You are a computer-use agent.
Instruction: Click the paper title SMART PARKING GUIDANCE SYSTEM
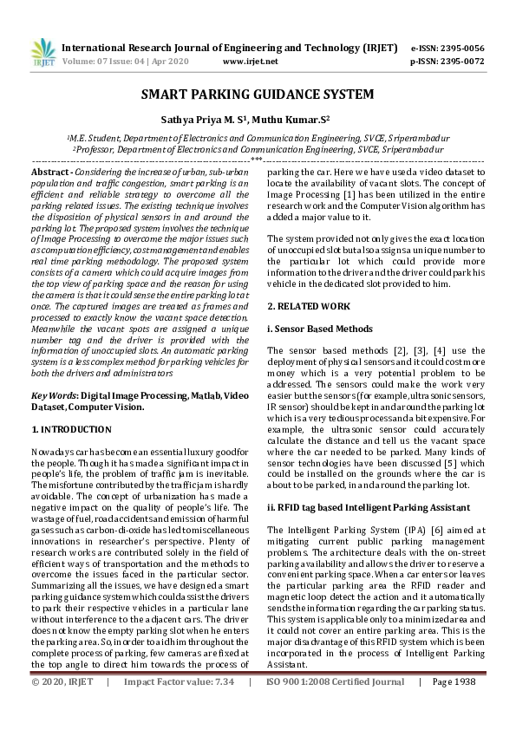[x=258, y=94]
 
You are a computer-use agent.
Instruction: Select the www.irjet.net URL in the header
[x=251, y=62]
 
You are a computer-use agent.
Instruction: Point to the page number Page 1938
[x=452, y=707]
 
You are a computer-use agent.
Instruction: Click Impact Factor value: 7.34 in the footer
[x=180, y=707]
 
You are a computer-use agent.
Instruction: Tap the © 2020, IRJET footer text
[x=62, y=707]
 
